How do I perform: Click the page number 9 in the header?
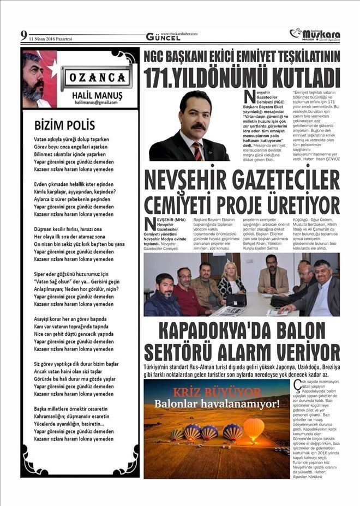(x=23, y=36)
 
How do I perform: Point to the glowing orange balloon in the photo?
(x=254, y=427)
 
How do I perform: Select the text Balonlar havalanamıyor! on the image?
(x=217, y=404)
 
